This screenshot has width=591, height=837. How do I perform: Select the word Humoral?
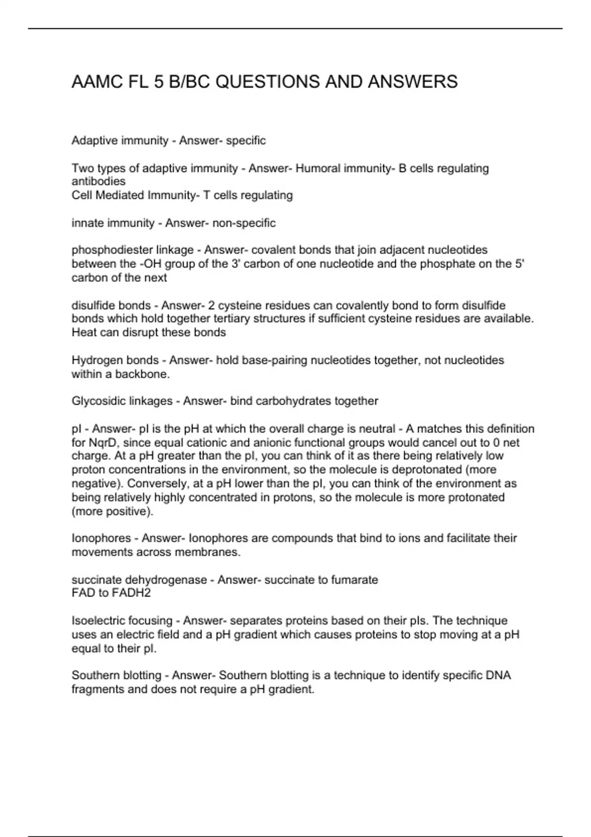tap(318, 168)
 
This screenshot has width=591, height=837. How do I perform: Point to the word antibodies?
tap(98, 181)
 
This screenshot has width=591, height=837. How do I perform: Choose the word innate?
tap(86, 223)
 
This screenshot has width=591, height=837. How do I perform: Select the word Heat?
tap(83, 332)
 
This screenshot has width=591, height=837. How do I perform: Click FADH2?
tap(131, 593)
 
